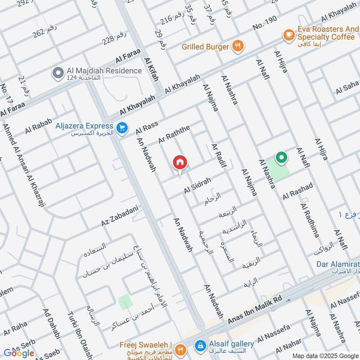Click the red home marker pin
180,163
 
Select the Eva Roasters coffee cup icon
288,34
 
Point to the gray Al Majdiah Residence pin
58,72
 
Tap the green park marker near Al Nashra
281,157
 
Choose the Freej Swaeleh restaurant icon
180,349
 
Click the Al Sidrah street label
197,186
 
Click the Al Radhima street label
310,220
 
